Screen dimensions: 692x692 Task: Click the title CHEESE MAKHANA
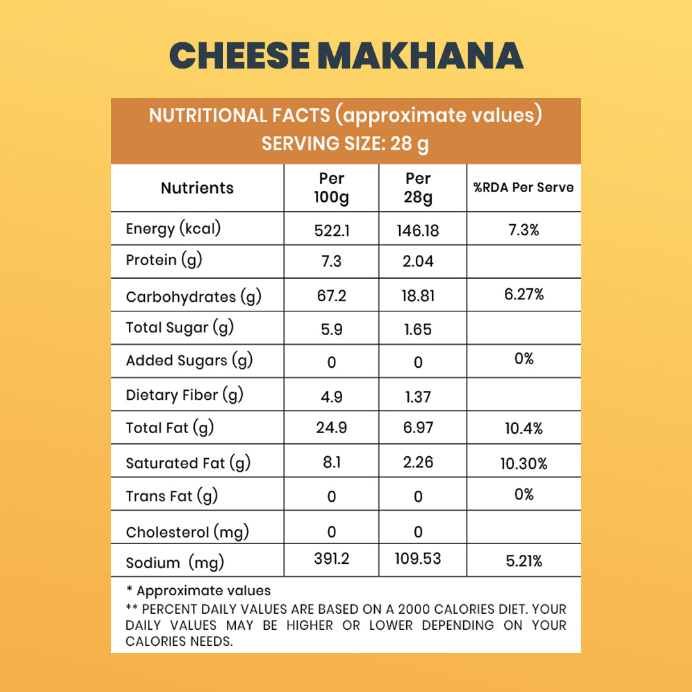[346, 56]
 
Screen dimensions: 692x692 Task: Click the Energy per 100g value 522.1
[331, 231]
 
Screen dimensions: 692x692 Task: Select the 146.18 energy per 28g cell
[418, 231]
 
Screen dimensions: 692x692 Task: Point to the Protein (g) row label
[160, 260]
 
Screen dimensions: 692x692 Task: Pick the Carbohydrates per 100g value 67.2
[331, 296]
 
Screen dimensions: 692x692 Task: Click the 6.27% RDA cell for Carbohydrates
[523, 295]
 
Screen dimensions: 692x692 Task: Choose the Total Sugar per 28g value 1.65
[418, 329]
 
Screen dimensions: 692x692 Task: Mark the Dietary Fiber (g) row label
[185, 395]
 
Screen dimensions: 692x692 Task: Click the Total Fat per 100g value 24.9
[331, 427]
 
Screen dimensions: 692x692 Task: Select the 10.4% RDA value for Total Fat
[523, 429]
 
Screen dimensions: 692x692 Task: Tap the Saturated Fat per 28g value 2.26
[418, 462]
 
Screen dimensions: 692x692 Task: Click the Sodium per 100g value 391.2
[331, 559]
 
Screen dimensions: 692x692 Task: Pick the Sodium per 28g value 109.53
[418, 559]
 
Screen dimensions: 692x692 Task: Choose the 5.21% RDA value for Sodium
[523, 561]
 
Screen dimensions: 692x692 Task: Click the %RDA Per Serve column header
[523, 188]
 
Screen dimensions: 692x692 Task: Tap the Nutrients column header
[197, 188]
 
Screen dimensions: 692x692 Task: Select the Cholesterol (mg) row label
[187, 532]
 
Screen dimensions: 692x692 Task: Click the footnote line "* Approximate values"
[199, 591]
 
